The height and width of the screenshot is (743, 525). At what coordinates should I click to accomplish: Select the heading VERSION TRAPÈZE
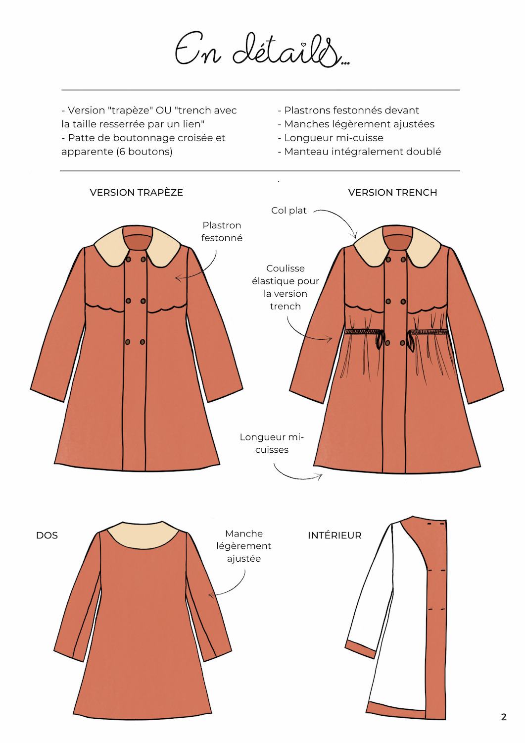136,193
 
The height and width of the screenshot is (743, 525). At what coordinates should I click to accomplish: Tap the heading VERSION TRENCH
392,193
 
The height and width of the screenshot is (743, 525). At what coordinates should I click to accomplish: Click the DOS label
47,535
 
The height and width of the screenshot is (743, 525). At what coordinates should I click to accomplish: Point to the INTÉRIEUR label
334,535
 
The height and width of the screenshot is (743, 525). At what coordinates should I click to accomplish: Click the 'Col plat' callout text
289,211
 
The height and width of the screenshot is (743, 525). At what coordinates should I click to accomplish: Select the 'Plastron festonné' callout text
222,231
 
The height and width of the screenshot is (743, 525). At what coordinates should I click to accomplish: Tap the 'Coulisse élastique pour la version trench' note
286,287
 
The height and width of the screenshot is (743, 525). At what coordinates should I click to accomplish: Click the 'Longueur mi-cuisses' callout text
272,443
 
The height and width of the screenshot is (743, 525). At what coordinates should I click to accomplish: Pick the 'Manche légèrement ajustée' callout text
243,546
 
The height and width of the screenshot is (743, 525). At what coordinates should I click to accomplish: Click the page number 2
504,717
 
